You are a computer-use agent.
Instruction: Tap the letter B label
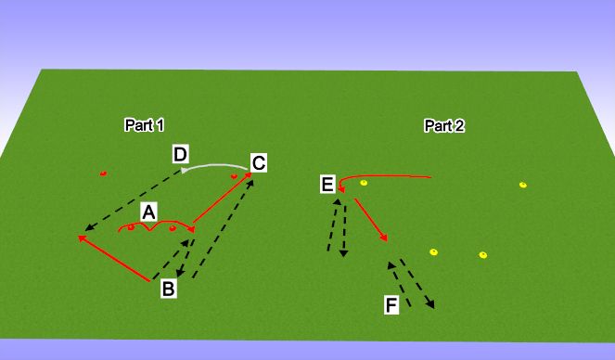click(169, 289)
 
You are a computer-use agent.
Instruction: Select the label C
click(259, 163)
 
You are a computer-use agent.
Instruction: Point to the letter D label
click(181, 153)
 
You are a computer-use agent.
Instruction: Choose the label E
click(327, 186)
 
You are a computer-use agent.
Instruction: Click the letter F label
click(392, 304)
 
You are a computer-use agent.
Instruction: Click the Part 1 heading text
click(144, 124)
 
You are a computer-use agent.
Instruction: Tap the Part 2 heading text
click(444, 125)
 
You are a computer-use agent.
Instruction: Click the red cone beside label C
click(235, 174)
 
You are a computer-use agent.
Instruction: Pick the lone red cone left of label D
click(103, 173)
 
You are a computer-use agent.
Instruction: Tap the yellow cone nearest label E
click(364, 183)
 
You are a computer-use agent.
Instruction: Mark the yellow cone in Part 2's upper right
click(522, 184)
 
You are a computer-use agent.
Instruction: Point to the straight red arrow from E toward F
click(368, 222)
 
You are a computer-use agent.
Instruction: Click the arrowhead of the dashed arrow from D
click(86, 228)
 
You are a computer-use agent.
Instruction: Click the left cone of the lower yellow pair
click(432, 251)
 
